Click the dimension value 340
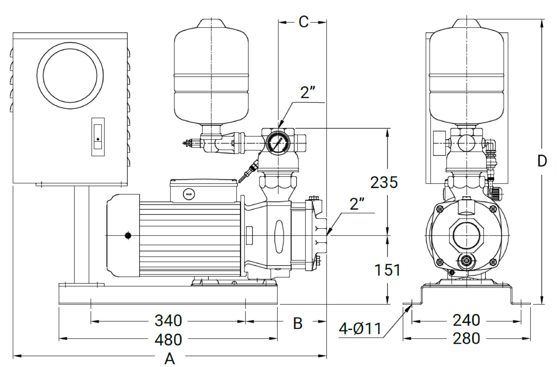point(168,321)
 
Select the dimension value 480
point(168,340)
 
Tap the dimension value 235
point(384,182)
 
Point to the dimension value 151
point(387,270)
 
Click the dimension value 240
point(466,320)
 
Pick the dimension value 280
point(466,338)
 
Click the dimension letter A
point(170,359)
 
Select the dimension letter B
point(298,323)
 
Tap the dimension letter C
point(304,22)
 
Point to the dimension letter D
point(542,161)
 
